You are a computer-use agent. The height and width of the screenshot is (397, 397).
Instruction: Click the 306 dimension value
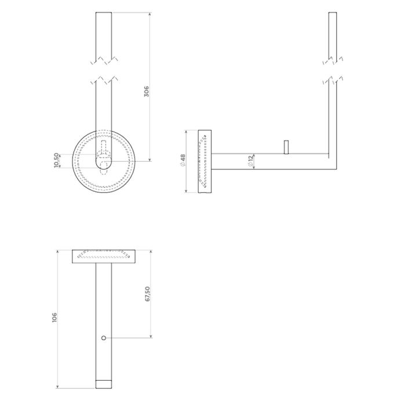147,91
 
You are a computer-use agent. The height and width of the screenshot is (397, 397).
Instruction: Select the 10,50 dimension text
56,160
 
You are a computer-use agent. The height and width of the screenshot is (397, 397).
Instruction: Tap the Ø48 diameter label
183,163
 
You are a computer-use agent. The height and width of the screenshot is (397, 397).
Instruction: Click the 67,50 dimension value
147,293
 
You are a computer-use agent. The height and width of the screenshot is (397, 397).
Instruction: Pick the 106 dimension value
54,317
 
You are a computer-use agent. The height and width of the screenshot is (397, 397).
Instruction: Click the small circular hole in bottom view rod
103,338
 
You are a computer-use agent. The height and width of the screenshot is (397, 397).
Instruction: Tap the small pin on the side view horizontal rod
285,147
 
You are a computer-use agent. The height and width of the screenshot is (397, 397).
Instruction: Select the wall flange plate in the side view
205,162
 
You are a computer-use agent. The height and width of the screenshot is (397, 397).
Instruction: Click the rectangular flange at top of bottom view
103,256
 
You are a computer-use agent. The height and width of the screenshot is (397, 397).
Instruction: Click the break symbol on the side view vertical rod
332,68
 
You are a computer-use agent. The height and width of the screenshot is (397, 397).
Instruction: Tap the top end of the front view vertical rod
103,13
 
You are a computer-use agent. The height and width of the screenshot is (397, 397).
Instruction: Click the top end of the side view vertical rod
332,13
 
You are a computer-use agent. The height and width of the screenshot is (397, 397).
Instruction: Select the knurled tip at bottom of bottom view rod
103,384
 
